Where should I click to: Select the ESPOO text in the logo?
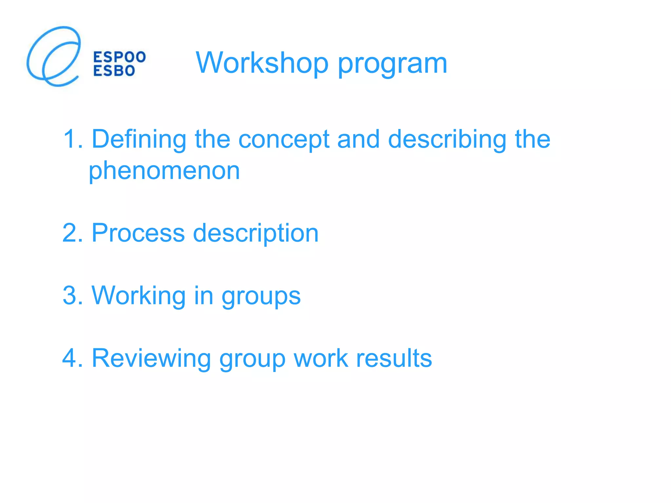[x=120, y=57]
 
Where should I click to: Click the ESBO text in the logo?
[x=114, y=71]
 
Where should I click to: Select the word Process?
[x=138, y=233]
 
